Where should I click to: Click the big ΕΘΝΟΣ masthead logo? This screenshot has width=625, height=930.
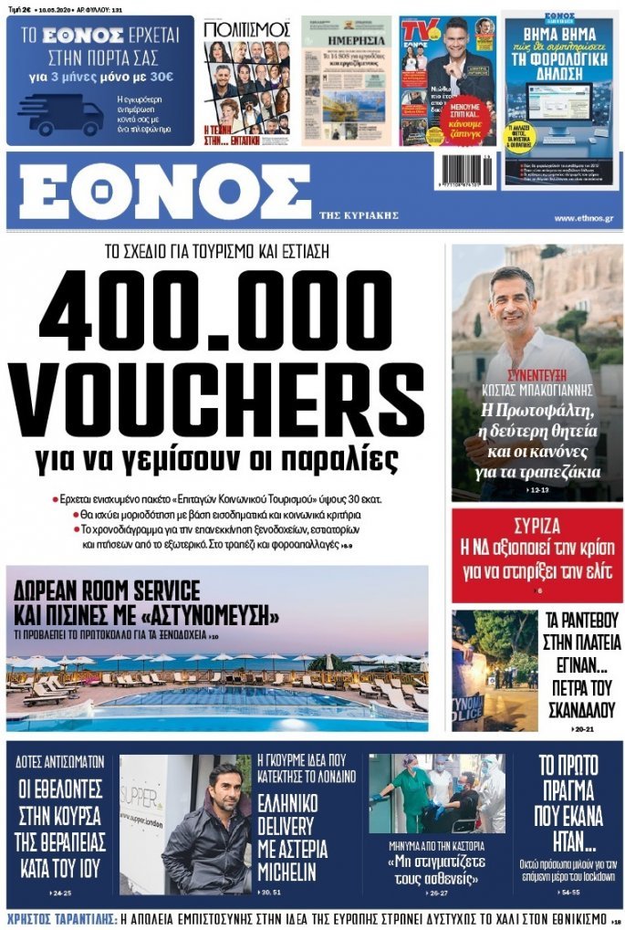point(164,193)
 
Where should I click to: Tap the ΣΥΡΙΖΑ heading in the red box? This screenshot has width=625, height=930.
point(536,527)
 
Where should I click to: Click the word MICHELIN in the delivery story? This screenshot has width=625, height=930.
point(286,871)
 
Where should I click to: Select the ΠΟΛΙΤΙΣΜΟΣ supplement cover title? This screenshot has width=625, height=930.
point(246,29)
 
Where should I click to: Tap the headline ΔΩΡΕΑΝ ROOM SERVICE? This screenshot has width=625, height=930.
point(102,589)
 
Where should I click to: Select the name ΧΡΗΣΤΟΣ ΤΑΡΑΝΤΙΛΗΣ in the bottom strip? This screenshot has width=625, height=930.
point(57,919)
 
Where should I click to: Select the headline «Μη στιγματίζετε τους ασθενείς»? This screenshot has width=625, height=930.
point(435,866)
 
